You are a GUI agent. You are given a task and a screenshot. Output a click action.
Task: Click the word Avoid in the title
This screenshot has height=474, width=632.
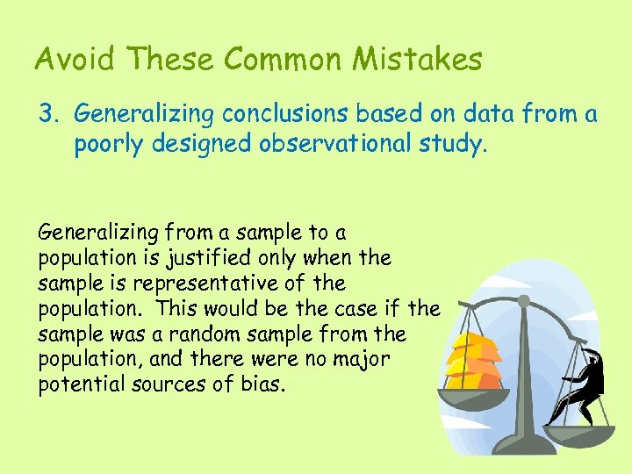coord(76,60)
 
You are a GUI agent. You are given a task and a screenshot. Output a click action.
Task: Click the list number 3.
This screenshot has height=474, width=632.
coord(48,113)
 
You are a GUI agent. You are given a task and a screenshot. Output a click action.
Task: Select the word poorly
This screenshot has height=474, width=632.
coord(111,144)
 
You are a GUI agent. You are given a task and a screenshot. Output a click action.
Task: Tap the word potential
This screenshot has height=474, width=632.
coord(78,385)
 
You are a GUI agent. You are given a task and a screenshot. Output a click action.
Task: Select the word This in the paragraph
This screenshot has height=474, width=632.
coord(174,309)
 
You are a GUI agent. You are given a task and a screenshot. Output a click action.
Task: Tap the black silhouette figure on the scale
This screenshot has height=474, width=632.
coord(587,383)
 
